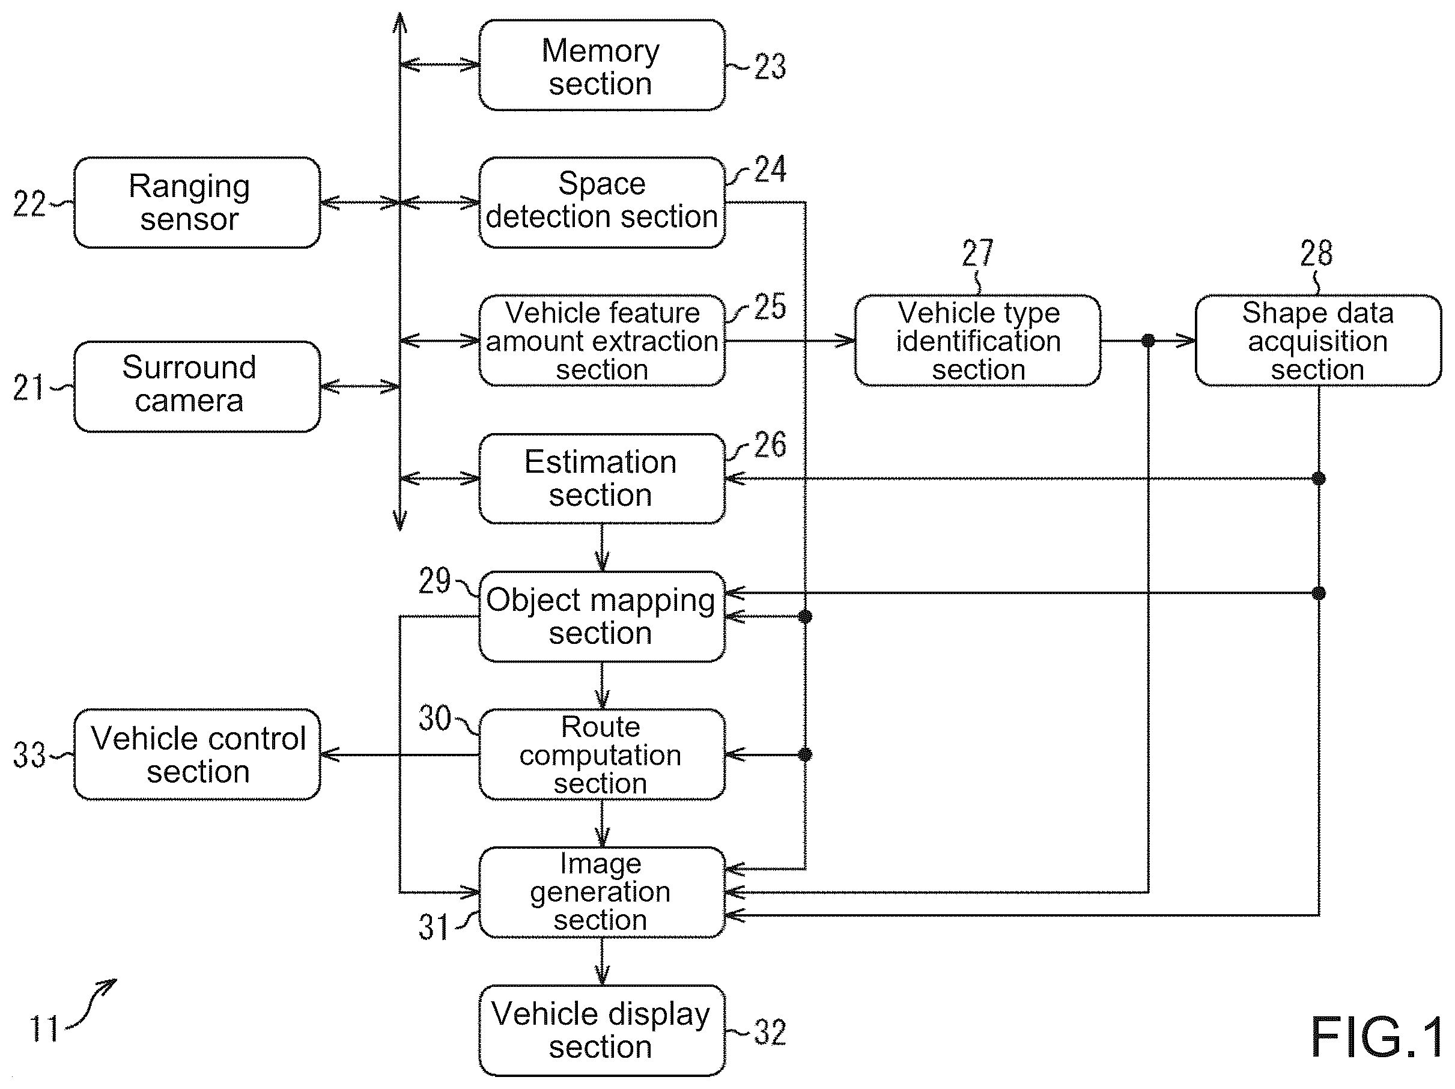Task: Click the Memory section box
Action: click(x=602, y=65)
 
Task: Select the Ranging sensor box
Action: click(x=197, y=202)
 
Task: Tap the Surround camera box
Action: click(x=197, y=387)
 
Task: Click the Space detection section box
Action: click(x=602, y=202)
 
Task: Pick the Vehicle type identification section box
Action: click(x=977, y=341)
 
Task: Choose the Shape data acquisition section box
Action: click(x=1318, y=341)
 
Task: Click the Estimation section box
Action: click(x=602, y=479)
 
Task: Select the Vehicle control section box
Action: click(x=197, y=754)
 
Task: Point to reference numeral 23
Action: click(x=770, y=67)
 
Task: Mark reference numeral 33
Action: click(x=29, y=755)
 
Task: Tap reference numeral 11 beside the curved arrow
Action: click(x=44, y=1028)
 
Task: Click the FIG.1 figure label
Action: click(x=1377, y=1037)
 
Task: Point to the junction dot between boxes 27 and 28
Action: click(x=1149, y=341)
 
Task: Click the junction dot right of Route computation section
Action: click(x=805, y=754)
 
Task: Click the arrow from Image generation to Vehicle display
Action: click(x=602, y=962)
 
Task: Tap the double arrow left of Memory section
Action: click(x=439, y=64)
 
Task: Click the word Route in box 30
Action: click(x=601, y=727)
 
